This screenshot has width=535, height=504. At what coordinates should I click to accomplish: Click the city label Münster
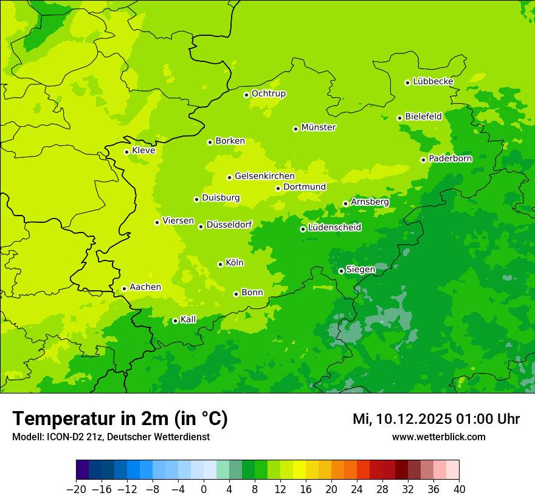(x=319, y=128)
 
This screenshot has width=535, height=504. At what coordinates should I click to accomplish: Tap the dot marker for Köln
(x=220, y=264)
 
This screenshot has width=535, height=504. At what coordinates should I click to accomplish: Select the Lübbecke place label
(x=433, y=81)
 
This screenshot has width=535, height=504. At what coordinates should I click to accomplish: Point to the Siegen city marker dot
(x=341, y=271)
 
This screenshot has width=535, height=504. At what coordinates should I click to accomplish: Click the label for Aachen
(x=145, y=287)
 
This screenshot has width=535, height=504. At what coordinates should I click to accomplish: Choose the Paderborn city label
(x=450, y=158)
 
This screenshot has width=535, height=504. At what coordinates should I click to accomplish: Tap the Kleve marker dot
(x=126, y=152)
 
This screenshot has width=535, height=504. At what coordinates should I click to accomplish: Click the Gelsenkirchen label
(x=264, y=176)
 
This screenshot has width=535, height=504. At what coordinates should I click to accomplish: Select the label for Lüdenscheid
(x=334, y=228)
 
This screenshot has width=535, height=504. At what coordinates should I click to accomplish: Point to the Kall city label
(x=188, y=319)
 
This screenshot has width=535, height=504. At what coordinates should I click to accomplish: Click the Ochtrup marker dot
(x=246, y=95)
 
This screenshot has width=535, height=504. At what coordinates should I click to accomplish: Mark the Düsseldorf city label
(x=229, y=225)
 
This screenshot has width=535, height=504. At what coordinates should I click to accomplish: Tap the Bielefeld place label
(x=423, y=116)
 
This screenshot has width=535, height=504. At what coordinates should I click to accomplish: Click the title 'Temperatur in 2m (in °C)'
(x=120, y=419)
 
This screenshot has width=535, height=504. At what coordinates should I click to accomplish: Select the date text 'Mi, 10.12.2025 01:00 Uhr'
(x=436, y=419)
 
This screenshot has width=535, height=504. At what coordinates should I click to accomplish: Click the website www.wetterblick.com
(x=438, y=437)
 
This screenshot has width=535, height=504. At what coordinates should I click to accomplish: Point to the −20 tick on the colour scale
(x=76, y=489)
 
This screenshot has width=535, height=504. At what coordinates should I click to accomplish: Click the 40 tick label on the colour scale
(x=459, y=489)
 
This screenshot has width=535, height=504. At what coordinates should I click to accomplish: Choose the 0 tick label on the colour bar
(x=204, y=489)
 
